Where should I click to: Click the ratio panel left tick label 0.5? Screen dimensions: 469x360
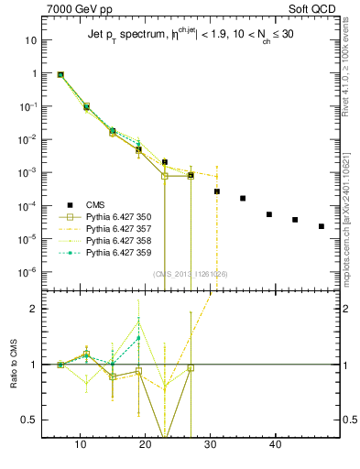point(30,420)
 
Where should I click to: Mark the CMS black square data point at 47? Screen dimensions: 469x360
point(321,226)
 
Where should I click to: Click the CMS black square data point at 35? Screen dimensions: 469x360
point(243,198)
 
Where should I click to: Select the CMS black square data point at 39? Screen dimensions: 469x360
point(269,214)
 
